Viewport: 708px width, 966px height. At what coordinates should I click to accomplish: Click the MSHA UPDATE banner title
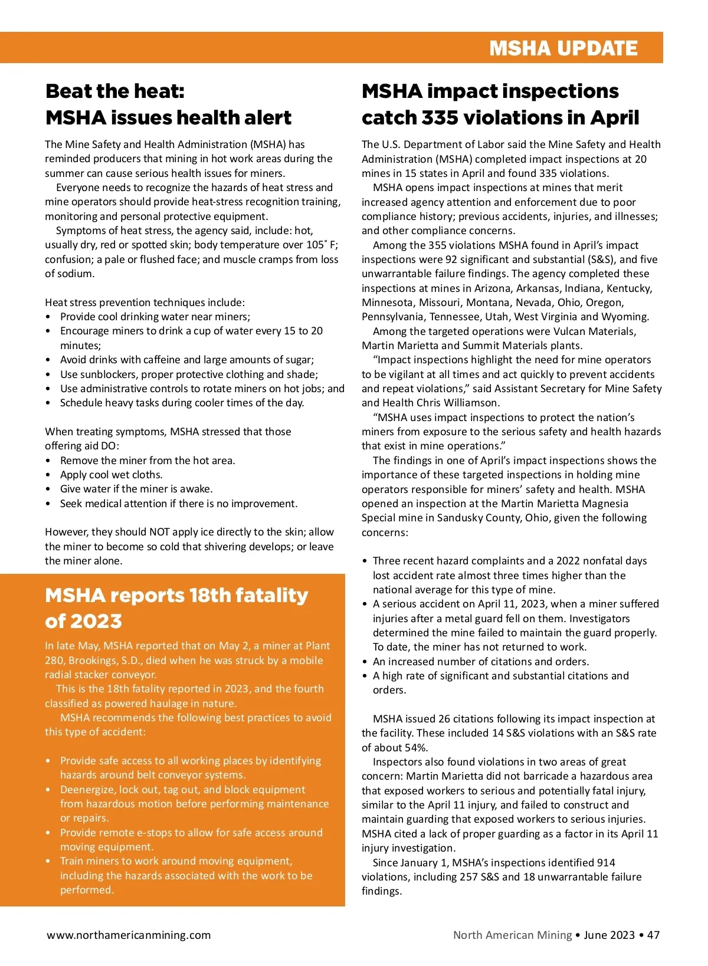coord(563,48)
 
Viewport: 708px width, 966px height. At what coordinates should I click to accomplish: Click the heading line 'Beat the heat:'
coord(115,91)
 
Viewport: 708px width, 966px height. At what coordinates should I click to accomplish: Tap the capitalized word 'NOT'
coord(159,532)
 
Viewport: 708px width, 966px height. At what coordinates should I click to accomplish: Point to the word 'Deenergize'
coord(87,790)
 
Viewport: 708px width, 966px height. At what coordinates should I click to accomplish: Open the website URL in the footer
coord(129,935)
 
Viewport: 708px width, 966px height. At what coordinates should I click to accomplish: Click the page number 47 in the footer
coord(653,935)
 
